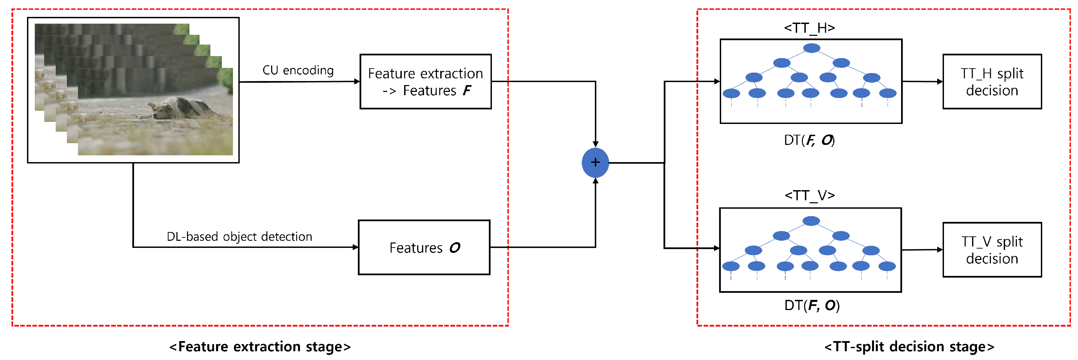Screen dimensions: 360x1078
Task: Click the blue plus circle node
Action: click(595, 162)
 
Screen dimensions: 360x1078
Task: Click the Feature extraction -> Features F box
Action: click(425, 82)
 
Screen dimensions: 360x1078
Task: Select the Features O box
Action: click(424, 248)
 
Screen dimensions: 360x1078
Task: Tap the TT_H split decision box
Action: click(992, 82)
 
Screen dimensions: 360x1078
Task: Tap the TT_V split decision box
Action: click(992, 250)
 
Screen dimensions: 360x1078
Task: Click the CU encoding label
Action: click(298, 70)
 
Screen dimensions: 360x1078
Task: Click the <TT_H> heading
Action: click(809, 28)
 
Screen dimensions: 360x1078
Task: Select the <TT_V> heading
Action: click(809, 196)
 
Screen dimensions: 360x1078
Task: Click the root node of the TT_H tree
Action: click(811, 48)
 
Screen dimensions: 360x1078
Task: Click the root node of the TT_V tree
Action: click(811, 221)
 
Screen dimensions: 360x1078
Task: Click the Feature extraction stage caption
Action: click(260, 346)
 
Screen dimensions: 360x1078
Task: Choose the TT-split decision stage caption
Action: click(909, 346)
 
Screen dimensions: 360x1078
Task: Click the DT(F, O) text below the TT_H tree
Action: click(809, 140)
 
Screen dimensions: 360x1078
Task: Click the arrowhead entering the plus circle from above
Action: click(595, 144)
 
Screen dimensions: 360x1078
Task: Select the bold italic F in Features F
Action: click(467, 91)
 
